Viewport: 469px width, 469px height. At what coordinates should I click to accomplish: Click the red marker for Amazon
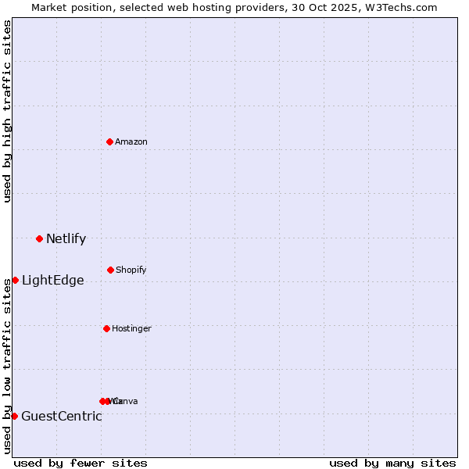click(109, 141)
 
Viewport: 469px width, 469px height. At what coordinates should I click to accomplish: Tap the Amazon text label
click(131, 142)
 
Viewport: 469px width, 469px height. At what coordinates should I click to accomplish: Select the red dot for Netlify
click(39, 238)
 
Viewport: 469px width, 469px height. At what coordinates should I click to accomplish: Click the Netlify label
click(66, 239)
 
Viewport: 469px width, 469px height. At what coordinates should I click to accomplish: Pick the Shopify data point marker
click(110, 270)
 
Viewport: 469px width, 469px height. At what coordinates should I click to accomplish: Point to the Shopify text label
click(131, 270)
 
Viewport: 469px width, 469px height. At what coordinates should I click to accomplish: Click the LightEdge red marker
click(15, 280)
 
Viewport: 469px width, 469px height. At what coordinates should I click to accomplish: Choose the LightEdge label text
click(52, 281)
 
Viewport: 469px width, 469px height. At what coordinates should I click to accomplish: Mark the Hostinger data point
click(106, 328)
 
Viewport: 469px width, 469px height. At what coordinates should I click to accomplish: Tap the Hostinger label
click(131, 329)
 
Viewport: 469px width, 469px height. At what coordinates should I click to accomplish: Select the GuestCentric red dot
click(14, 416)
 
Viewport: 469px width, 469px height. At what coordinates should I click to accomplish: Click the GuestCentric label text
click(61, 417)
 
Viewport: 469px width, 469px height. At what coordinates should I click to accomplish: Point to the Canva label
click(125, 402)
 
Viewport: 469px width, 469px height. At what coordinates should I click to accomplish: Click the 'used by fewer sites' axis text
click(81, 463)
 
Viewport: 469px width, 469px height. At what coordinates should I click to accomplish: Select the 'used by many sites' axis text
click(392, 463)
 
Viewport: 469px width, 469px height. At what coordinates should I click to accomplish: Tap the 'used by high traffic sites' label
click(7, 111)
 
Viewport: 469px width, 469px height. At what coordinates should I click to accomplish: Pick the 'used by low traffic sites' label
click(7, 365)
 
